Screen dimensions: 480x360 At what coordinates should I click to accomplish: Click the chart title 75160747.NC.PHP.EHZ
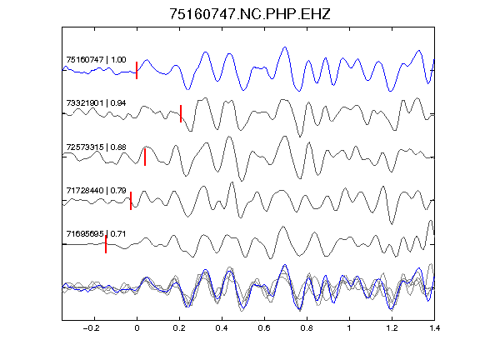pyautogui.click(x=250, y=14)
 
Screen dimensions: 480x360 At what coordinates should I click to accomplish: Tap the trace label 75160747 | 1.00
pyautogui.click(x=96, y=59)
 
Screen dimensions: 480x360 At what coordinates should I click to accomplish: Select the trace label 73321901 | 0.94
pyautogui.click(x=96, y=103)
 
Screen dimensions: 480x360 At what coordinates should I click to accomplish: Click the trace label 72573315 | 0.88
pyautogui.click(x=96, y=147)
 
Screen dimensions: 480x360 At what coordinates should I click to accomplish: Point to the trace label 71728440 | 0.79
pyautogui.click(x=96, y=190)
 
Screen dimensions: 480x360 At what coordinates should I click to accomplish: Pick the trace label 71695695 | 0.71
pyautogui.click(x=96, y=234)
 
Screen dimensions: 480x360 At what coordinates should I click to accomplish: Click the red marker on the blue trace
pyautogui.click(x=137, y=70)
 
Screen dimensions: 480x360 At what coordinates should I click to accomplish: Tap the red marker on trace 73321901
pyautogui.click(x=181, y=114)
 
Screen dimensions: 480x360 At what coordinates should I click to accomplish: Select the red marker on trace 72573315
pyautogui.click(x=145, y=157)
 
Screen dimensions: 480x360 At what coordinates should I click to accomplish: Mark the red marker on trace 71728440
pyautogui.click(x=131, y=201)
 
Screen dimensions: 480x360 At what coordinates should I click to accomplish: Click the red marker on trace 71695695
pyautogui.click(x=106, y=244)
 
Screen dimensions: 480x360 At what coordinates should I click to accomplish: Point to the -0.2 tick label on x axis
pyautogui.click(x=92, y=328)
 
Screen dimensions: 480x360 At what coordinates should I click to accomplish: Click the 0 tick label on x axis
pyautogui.click(x=137, y=328)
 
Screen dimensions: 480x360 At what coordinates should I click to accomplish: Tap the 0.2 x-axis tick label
pyautogui.click(x=179, y=328)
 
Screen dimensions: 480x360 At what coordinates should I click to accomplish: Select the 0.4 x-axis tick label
pyautogui.click(x=222, y=328)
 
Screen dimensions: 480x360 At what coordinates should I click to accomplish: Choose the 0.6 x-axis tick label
pyautogui.click(x=264, y=328)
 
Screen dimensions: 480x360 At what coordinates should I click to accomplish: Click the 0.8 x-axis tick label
pyautogui.click(x=307, y=328)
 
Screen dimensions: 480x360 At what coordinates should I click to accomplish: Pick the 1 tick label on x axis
pyautogui.click(x=349, y=328)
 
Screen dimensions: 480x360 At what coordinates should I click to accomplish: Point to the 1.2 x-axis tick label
pyautogui.click(x=392, y=328)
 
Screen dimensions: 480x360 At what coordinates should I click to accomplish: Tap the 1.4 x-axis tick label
pyautogui.click(x=434, y=328)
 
